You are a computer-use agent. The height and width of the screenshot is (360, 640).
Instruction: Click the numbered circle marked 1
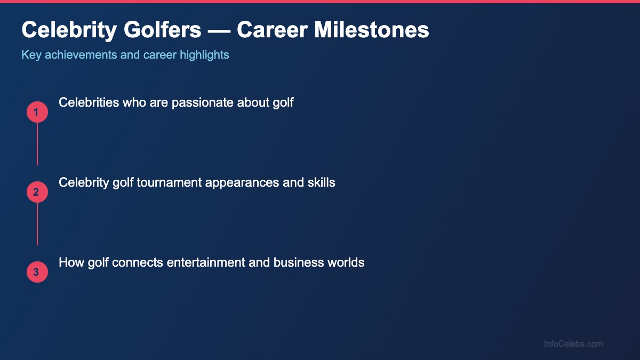click(37, 112)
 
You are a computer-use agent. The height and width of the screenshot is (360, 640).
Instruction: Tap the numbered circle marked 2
click(37, 192)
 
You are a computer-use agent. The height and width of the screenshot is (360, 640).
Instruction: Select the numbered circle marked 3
click(37, 272)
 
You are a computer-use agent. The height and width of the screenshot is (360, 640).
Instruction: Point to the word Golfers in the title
click(163, 30)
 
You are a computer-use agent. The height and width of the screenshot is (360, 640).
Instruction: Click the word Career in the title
click(271, 30)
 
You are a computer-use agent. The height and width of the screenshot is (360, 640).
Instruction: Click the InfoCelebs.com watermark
click(573, 344)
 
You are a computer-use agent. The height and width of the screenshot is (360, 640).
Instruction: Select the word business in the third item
click(298, 262)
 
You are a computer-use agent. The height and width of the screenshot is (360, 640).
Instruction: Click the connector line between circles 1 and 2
click(37, 144)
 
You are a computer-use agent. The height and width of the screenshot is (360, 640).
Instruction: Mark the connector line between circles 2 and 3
click(37, 224)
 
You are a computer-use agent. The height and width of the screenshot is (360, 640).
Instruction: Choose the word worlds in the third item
click(347, 262)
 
